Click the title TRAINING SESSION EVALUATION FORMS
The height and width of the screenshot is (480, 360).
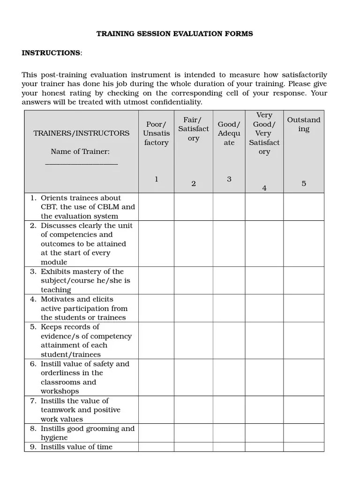coord(174,34)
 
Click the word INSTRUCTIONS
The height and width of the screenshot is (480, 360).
coord(51,53)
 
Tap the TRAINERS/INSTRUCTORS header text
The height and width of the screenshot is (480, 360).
coord(82,133)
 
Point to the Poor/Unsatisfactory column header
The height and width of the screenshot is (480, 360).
coord(156,133)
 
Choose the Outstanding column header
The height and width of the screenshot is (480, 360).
coord(304,124)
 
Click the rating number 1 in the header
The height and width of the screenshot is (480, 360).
coord(156,179)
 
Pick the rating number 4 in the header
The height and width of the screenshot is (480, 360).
coord(264,188)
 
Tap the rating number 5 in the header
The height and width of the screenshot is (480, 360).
coord(304,184)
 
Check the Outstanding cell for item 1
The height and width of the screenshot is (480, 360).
coord(304,207)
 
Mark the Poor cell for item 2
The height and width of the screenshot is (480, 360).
coord(156,244)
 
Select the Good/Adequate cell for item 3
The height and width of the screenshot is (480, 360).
coord(229,280)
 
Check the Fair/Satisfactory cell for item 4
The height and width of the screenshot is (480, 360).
coord(194,308)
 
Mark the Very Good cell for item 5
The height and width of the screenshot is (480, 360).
coord(264,340)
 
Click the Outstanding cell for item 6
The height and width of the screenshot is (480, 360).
coord(304,377)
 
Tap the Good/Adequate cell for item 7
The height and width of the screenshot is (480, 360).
coord(229,410)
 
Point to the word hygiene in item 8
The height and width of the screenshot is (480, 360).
coord(54,438)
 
